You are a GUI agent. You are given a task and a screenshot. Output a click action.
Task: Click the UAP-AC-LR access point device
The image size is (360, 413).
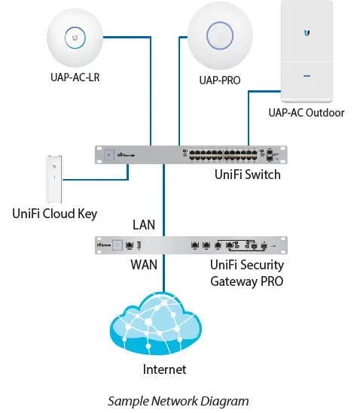[x=73, y=35]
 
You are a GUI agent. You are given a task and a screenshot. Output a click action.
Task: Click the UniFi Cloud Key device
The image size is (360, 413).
[x=51, y=178]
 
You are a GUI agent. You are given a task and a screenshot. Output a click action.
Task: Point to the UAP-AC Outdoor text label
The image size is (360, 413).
[x=306, y=113]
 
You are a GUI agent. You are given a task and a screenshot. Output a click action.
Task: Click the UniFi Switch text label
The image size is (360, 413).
[x=247, y=175]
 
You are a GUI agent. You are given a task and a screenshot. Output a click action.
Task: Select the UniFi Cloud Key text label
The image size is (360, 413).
[x=55, y=213]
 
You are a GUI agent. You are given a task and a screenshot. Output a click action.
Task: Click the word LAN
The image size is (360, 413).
[x=144, y=224]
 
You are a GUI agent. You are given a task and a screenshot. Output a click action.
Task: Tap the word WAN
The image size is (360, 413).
[x=144, y=264]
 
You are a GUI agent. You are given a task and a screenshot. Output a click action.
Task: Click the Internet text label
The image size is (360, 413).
[x=164, y=369]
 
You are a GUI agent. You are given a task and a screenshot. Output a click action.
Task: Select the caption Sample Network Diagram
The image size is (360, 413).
[x=178, y=401]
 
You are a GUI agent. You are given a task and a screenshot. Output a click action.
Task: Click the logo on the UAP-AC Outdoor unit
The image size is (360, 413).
[x=307, y=32]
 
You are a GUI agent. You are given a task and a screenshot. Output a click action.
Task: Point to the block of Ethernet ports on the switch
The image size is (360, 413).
[x=218, y=154]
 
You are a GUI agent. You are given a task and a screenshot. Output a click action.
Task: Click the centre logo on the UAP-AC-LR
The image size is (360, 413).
[x=73, y=35]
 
